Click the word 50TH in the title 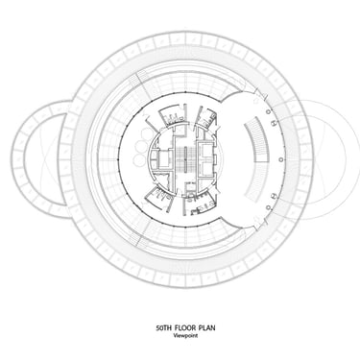pos(163,328)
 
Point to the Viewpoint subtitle pos(185,336)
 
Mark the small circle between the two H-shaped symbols pos(281,159)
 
